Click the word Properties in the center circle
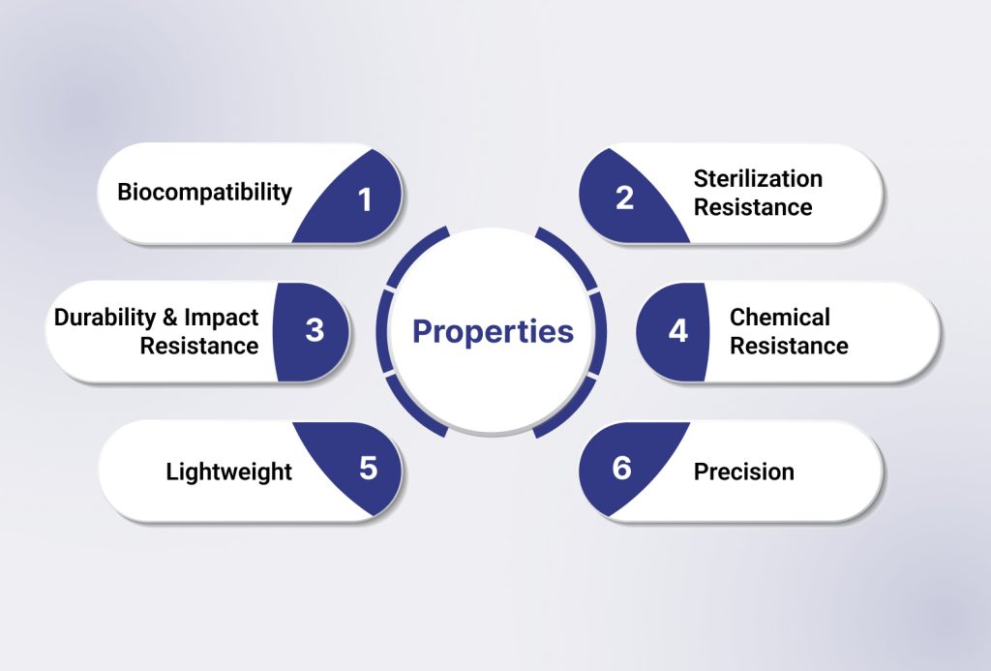tap(493, 332)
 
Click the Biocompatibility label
tap(205, 193)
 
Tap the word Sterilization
tap(758, 179)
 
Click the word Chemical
tap(780, 318)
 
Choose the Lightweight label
tap(228, 473)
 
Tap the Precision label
tap(744, 472)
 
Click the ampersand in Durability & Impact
tap(169, 318)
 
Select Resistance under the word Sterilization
tap(753, 207)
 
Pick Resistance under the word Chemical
tap(789, 346)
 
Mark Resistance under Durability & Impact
tap(199, 346)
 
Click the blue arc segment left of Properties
tap(381, 331)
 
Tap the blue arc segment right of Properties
tap(601, 332)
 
